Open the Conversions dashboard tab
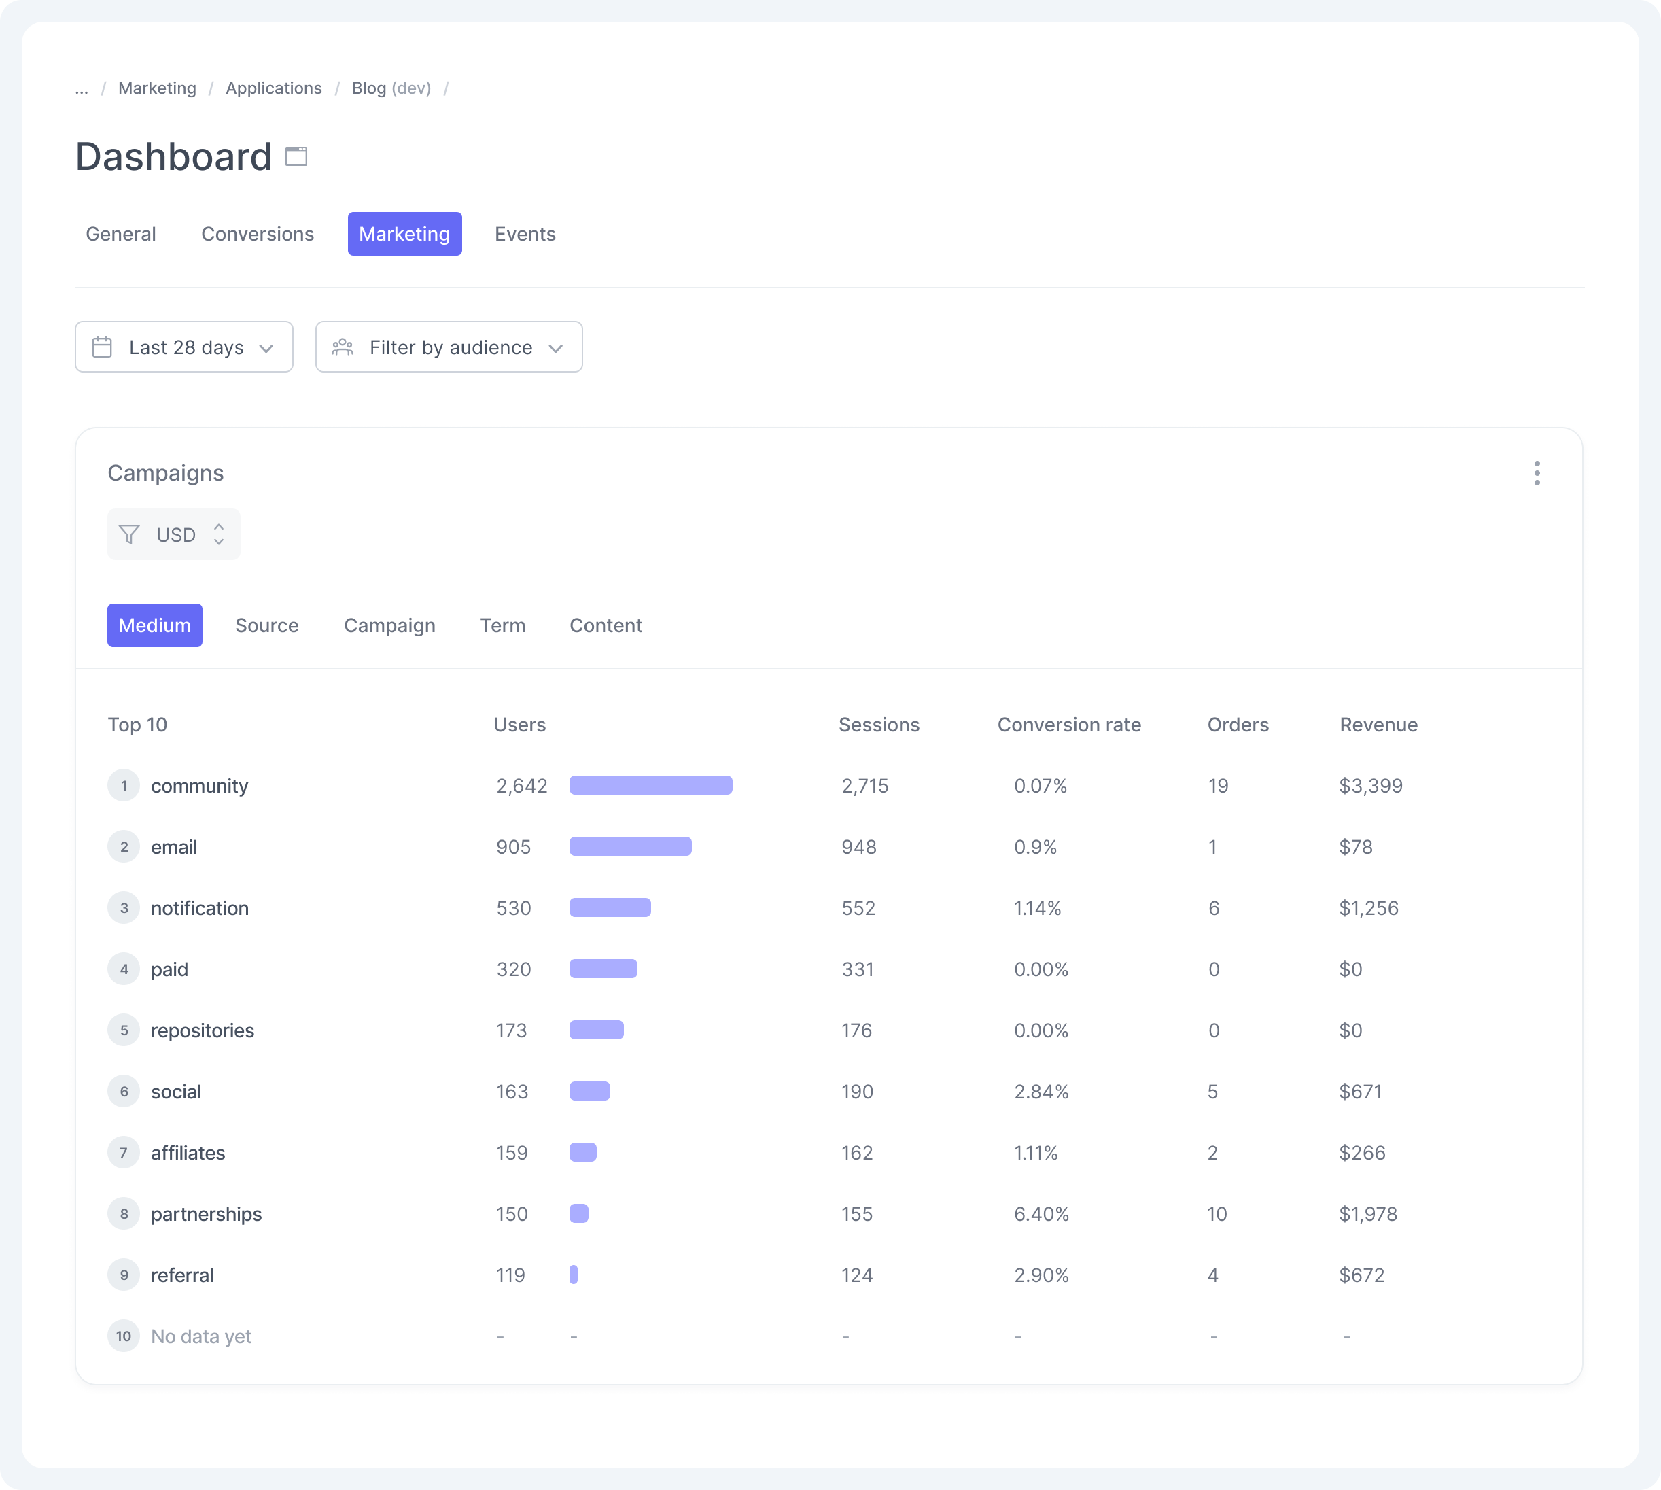point(257,234)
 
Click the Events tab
point(525,234)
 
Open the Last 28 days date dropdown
point(184,347)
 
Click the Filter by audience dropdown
point(449,347)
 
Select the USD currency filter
point(173,534)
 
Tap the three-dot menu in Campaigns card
point(1537,473)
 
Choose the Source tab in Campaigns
point(267,625)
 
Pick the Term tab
point(503,625)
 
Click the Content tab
point(606,625)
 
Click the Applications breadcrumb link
point(273,88)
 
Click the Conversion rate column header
point(1068,725)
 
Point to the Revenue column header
point(1378,725)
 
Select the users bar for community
point(651,785)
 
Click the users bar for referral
point(574,1275)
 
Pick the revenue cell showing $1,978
point(1368,1213)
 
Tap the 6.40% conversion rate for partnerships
point(1041,1213)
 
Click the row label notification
point(200,908)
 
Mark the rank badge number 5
point(124,1030)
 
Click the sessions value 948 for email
point(859,846)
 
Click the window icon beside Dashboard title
point(296,156)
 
